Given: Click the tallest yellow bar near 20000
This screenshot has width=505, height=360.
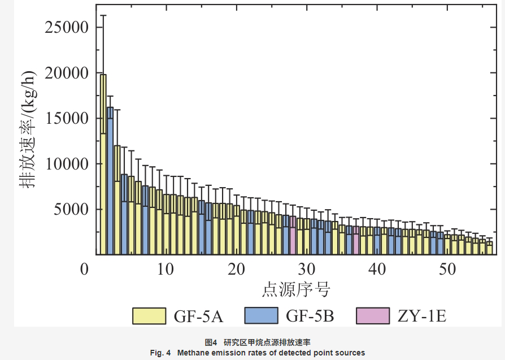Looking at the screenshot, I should pyautogui.click(x=103, y=164).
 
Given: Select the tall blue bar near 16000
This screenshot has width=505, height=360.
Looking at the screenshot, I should pyautogui.click(x=110, y=181).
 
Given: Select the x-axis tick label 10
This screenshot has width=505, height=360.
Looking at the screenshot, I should pyautogui.click(x=166, y=269).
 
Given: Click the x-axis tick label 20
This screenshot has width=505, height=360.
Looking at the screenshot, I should pyautogui.click(x=236, y=269).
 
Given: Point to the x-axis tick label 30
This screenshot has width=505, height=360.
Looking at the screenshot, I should pyautogui.click(x=307, y=269).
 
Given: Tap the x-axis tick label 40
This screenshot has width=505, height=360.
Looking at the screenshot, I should pyautogui.click(x=377, y=269).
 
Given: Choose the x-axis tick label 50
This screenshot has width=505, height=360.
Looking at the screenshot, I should pyautogui.click(x=448, y=269).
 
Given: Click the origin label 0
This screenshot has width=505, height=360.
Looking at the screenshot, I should pyautogui.click(x=84, y=269).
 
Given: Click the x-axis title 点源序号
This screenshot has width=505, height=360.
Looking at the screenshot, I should pyautogui.click(x=296, y=290).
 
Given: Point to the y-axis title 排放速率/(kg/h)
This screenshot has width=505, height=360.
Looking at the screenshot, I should pyautogui.click(x=29, y=130).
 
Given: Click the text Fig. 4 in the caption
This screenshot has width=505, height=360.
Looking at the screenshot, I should pyautogui.click(x=160, y=353).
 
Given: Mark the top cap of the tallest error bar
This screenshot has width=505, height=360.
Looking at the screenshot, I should pyautogui.click(x=103, y=15).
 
